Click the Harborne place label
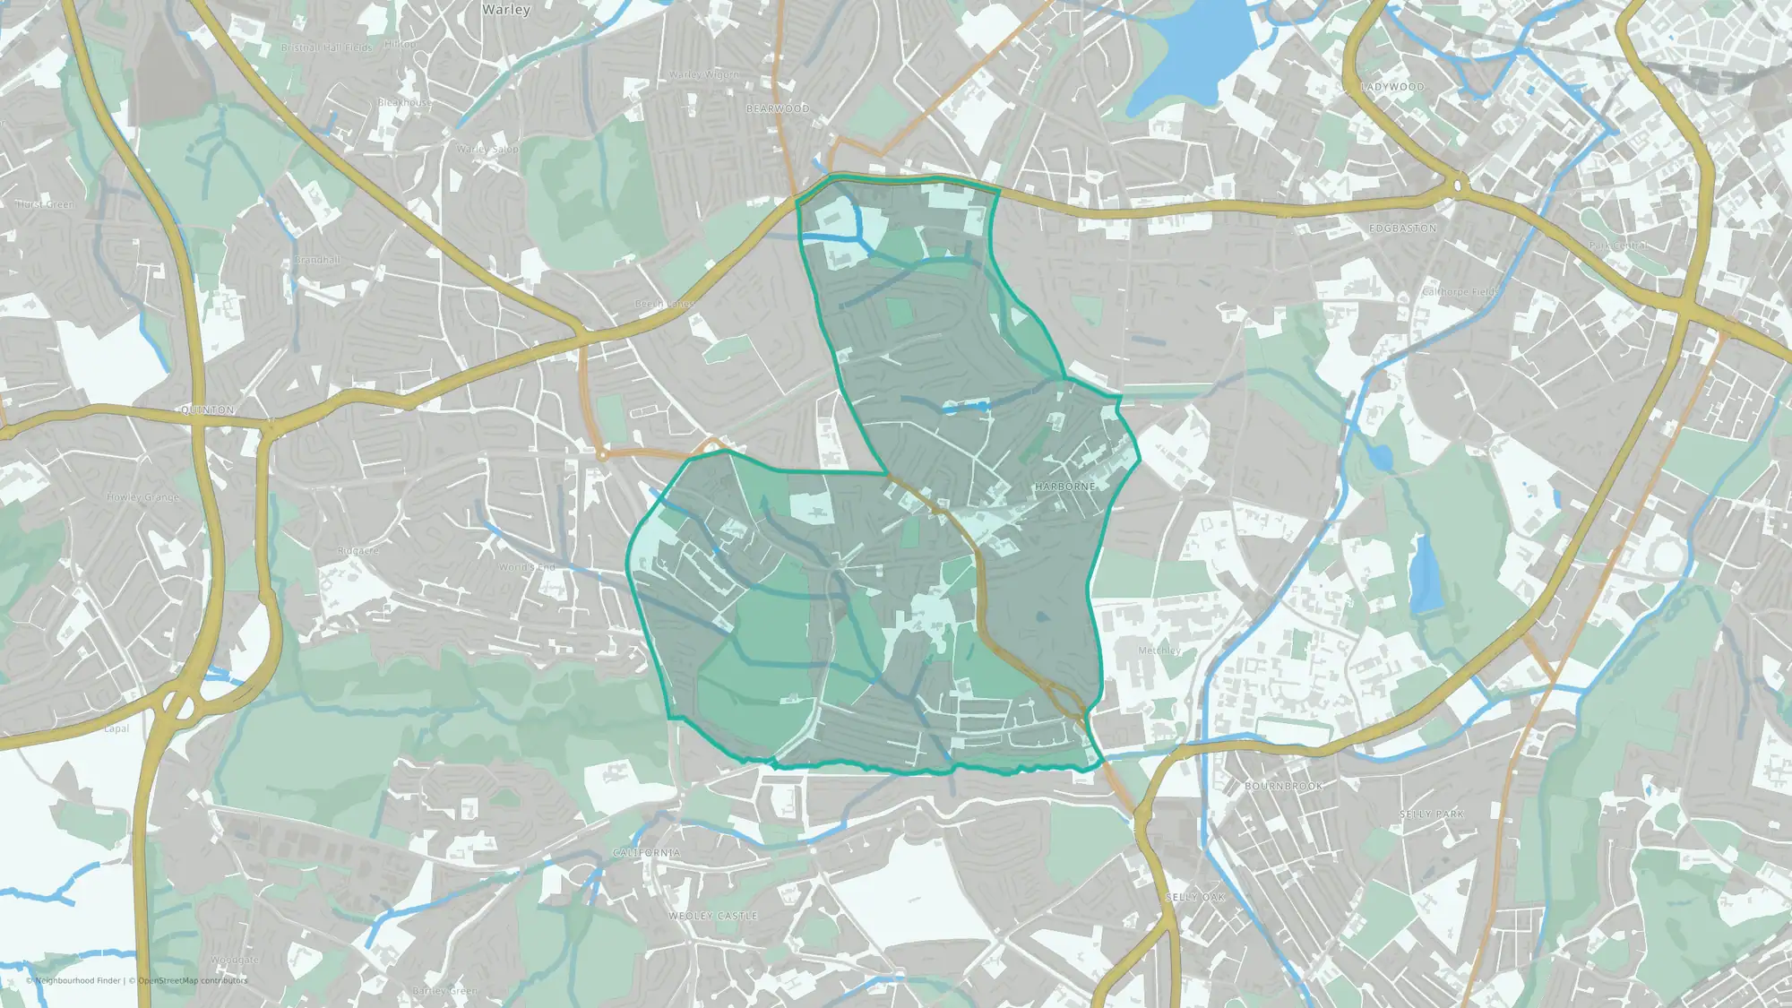pyautogui.click(x=1064, y=487)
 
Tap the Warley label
pyautogui.click(x=506, y=10)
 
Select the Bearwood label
pyautogui.click(x=778, y=108)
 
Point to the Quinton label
pyautogui.click(x=208, y=409)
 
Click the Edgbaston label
pyautogui.click(x=1402, y=228)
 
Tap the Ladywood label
pyautogui.click(x=1391, y=87)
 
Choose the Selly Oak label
pyautogui.click(x=1194, y=897)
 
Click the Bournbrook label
pyautogui.click(x=1283, y=786)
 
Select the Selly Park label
pyautogui.click(x=1431, y=814)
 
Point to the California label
pyautogui.click(x=646, y=852)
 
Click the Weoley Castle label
pyautogui.click(x=713, y=916)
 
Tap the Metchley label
pyautogui.click(x=1159, y=650)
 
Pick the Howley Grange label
pyautogui.click(x=142, y=497)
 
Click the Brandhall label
pyautogui.click(x=317, y=260)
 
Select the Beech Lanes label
pyautogui.click(x=664, y=304)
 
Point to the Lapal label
pyautogui.click(x=116, y=728)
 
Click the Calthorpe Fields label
pyautogui.click(x=1460, y=292)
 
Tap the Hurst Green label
pyautogui.click(x=45, y=204)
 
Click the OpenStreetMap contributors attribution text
pyautogui.click(x=192, y=980)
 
